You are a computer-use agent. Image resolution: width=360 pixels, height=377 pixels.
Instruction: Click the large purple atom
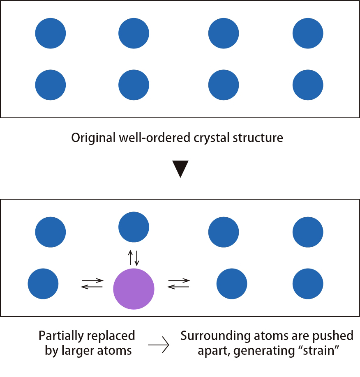click(x=134, y=289)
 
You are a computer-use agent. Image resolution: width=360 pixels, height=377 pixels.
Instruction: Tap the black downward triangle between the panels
click(x=180, y=168)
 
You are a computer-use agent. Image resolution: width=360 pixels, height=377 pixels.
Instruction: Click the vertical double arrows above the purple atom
click(x=134, y=257)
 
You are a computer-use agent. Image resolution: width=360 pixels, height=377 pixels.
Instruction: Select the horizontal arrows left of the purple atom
click(x=92, y=284)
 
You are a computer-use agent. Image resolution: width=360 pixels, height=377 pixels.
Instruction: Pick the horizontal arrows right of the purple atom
click(x=179, y=284)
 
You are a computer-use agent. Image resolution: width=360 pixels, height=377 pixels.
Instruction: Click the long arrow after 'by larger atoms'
click(x=158, y=345)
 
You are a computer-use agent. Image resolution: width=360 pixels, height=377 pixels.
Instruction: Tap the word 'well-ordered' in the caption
click(x=149, y=138)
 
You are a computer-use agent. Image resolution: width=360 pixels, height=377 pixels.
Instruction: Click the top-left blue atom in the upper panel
click(x=50, y=33)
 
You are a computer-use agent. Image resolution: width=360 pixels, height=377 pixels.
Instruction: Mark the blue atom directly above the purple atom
click(x=134, y=227)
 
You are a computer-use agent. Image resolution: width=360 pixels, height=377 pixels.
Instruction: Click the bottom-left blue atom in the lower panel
click(x=43, y=284)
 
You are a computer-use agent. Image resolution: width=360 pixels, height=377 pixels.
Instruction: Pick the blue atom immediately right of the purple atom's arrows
click(x=232, y=284)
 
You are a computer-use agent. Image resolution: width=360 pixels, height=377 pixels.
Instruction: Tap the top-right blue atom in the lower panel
click(x=308, y=232)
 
